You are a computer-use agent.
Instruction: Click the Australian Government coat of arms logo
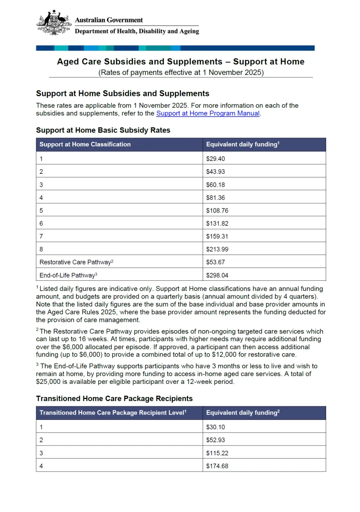click(x=53, y=23)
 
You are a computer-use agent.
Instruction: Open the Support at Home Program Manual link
click(x=208, y=113)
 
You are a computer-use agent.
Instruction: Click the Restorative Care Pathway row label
click(x=76, y=262)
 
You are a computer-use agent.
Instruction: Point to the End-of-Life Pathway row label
click(x=68, y=275)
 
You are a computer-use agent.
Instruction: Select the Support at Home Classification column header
click(x=85, y=144)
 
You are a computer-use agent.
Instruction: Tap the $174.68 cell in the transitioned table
click(x=217, y=466)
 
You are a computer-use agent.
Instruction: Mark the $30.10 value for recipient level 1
click(x=216, y=427)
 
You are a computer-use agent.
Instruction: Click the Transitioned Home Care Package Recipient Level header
click(x=113, y=413)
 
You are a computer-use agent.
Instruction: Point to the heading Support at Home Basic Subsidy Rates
click(x=103, y=131)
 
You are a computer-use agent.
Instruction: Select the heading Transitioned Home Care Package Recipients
click(x=114, y=399)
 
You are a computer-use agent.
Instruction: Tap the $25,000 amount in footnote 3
click(x=47, y=382)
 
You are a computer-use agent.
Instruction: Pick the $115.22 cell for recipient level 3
click(x=217, y=453)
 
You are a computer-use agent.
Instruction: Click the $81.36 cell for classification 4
click(x=216, y=198)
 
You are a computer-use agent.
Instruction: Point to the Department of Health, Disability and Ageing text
click(x=137, y=31)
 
